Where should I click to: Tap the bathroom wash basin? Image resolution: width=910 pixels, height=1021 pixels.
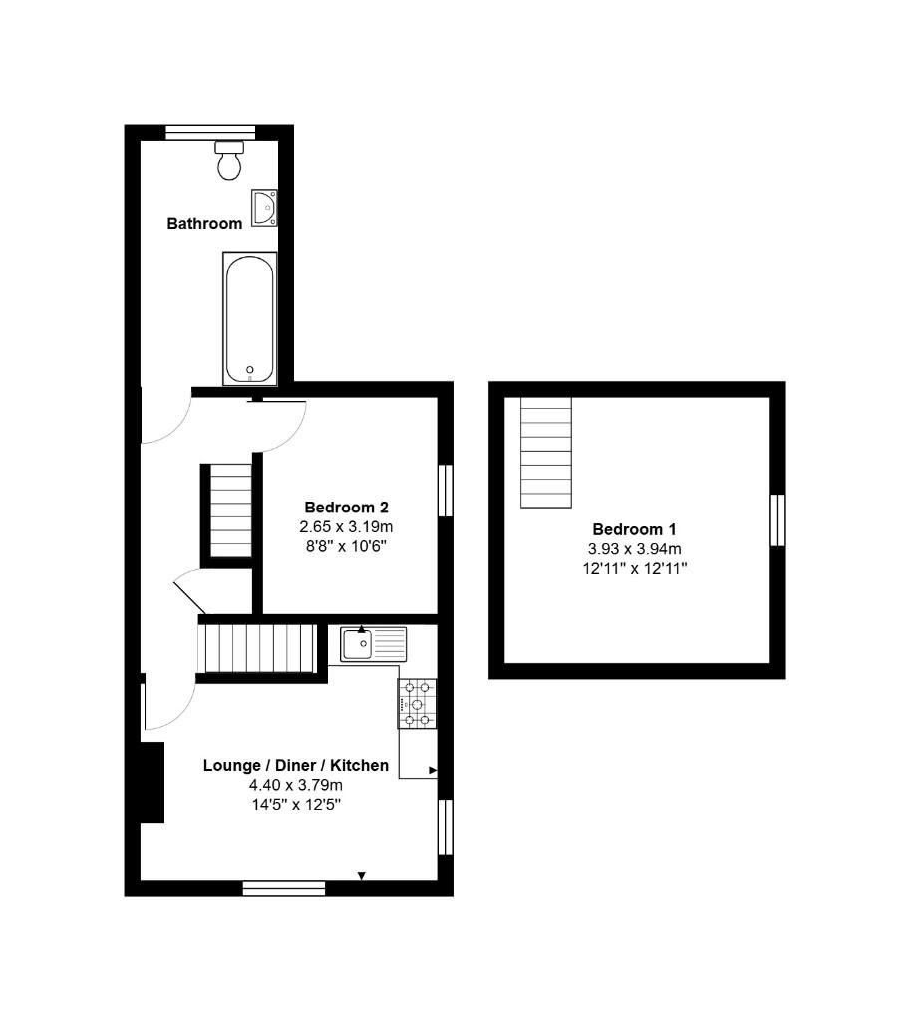264,208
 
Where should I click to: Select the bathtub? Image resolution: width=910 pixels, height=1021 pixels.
249,317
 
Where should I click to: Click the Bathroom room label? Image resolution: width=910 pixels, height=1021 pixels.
204,224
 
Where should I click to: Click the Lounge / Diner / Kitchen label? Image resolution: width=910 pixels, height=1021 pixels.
296,766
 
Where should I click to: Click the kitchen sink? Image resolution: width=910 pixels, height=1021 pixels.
373,643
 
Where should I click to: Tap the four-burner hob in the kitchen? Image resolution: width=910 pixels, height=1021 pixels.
418,704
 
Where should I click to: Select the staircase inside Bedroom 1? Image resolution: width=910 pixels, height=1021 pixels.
546,451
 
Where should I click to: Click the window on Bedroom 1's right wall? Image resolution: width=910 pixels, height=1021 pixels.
777,519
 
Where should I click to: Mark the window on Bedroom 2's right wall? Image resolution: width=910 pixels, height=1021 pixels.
446,490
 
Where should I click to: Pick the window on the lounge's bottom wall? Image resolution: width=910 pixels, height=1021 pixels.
284,888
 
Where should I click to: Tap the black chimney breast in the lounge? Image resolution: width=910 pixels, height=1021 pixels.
152,782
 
